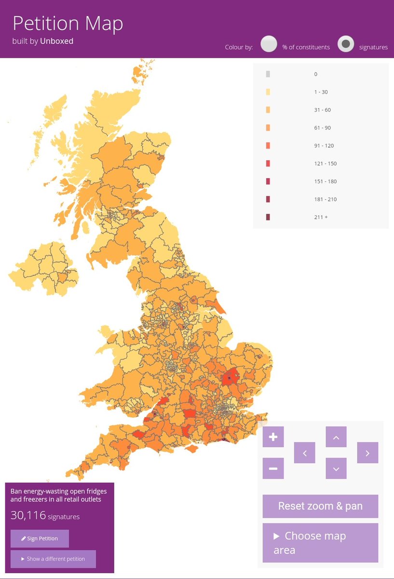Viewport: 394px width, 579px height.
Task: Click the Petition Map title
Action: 68,24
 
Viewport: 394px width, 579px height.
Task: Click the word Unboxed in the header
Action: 56,41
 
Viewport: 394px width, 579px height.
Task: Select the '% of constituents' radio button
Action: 269,44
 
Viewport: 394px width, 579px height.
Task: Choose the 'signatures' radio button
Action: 346,44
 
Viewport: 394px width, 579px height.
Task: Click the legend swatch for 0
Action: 268,74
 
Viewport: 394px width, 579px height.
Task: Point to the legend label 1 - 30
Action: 321,92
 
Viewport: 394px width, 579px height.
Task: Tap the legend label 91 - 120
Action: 324,146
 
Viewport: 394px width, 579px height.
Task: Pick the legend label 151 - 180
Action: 325,181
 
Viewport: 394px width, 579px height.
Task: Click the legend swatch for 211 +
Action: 268,217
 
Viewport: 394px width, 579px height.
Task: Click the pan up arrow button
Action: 336,437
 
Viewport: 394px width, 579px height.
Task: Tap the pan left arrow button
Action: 304,453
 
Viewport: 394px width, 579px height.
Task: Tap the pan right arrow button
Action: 367,453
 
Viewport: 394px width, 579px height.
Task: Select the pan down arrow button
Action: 336,469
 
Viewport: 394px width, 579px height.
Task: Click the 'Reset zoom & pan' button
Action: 320,506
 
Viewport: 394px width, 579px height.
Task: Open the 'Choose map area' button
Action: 320,543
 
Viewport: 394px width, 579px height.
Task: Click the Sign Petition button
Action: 40,538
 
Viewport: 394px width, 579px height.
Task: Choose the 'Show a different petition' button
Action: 53,559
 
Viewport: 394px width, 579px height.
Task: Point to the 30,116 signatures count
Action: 45,516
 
